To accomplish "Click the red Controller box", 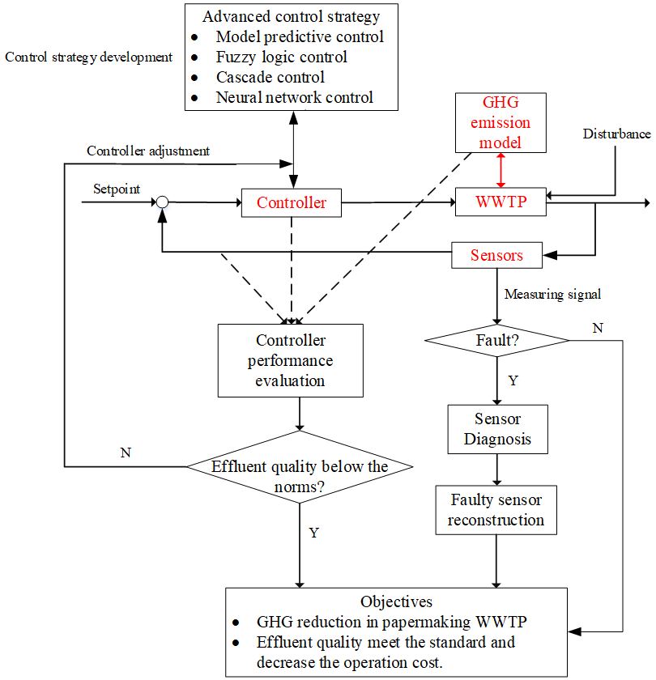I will point(291,202).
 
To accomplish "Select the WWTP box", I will point(500,202).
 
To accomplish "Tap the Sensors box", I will point(496,255).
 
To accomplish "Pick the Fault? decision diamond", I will point(497,341).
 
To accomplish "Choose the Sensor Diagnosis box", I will point(497,429).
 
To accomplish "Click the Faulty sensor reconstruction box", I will point(496,510).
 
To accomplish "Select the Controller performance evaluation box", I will point(290,360).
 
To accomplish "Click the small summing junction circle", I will point(162,202).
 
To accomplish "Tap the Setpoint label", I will point(117,189).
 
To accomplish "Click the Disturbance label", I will point(616,134).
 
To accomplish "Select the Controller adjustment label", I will point(148,151).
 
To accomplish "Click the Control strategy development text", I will point(88,57).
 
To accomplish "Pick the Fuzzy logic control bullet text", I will point(281,57).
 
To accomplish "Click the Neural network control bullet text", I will point(294,98).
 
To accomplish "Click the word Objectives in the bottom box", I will point(396,601).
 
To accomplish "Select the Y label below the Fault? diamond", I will point(513,380).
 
